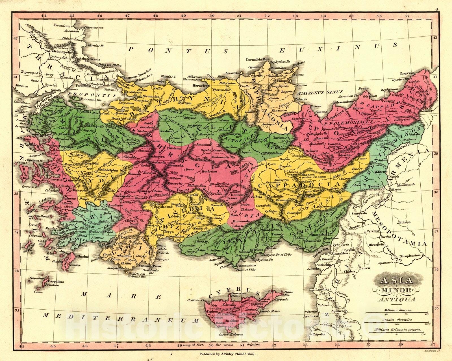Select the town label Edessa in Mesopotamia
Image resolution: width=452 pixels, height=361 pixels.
click(404, 222)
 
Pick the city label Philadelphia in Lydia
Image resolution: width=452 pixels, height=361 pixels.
click(108, 170)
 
